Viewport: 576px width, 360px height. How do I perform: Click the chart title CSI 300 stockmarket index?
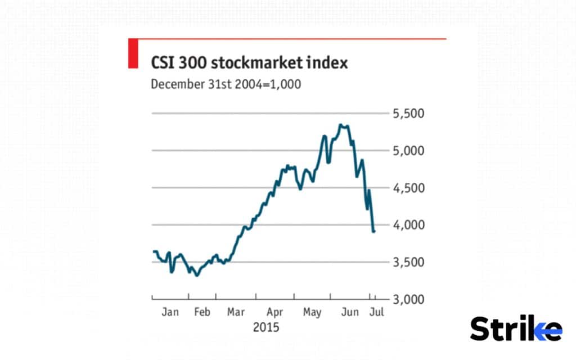(x=249, y=62)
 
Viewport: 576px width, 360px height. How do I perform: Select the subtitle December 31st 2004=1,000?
(x=226, y=84)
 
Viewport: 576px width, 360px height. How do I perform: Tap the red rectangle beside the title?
(x=133, y=53)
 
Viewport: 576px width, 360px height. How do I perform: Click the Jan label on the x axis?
(x=170, y=312)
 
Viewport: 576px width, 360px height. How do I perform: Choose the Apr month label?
(x=274, y=312)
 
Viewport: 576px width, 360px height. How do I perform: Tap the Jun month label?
(x=350, y=312)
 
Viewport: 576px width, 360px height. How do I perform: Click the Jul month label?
(x=376, y=312)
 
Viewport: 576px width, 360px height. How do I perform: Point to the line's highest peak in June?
(x=341, y=125)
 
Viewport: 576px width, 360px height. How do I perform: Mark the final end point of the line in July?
(x=374, y=231)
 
